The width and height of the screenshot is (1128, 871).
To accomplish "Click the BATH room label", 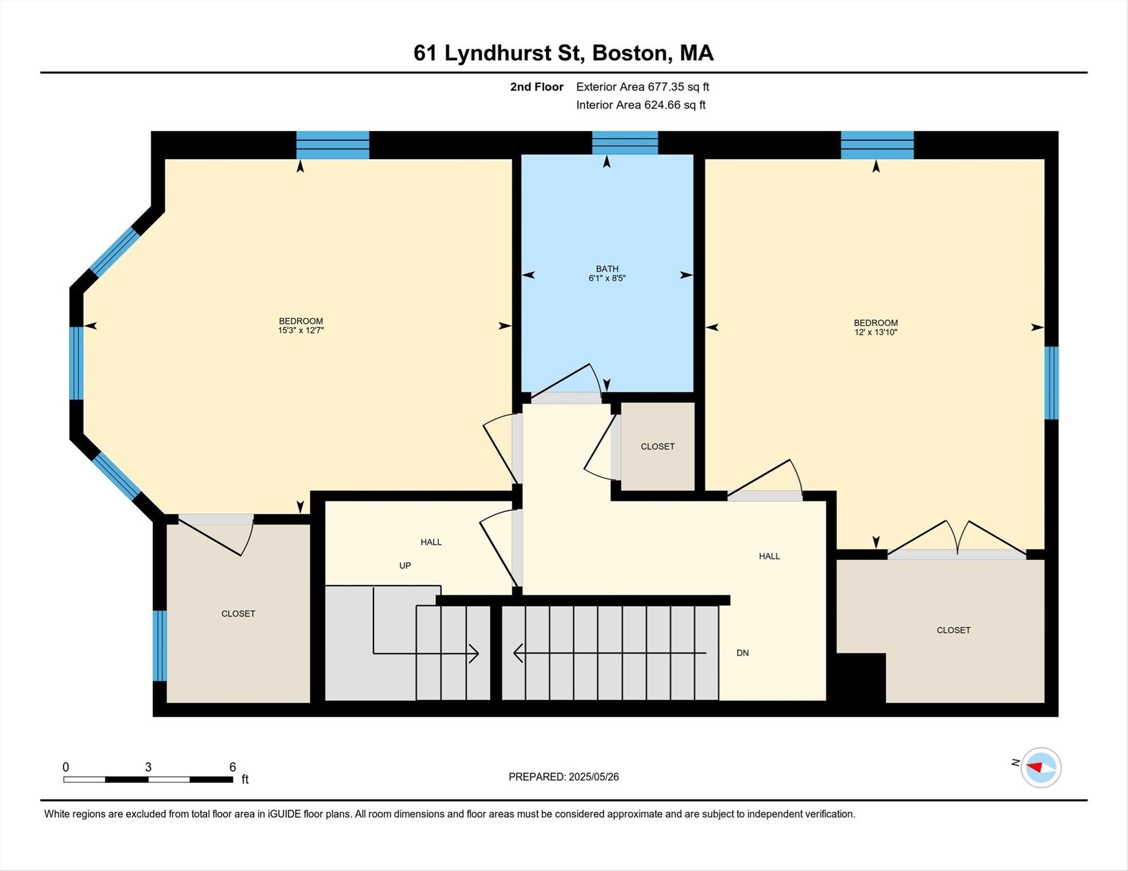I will click(607, 269).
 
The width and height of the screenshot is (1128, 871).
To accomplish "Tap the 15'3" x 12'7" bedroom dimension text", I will click(300, 331).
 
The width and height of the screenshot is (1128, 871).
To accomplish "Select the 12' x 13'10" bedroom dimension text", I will click(876, 332).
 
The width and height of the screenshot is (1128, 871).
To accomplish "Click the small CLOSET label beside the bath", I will click(657, 447).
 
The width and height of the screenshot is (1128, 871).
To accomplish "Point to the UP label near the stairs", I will click(405, 566).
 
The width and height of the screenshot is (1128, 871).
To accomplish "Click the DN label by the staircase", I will click(742, 653).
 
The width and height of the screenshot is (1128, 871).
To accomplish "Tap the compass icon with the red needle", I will click(1041, 768).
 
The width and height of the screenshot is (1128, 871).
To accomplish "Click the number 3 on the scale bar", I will click(148, 767).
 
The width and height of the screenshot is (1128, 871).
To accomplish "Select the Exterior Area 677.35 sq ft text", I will click(642, 87).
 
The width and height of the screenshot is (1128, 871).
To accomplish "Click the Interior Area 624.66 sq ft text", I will click(641, 105).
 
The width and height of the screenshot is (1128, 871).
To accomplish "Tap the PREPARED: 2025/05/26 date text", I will click(563, 777).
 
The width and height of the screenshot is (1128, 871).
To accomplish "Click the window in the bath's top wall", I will click(625, 143).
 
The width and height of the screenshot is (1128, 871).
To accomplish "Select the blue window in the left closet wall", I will click(161, 645).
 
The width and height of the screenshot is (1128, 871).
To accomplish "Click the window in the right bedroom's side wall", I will click(1051, 383).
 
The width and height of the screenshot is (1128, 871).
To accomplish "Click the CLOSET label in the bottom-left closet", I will click(238, 614).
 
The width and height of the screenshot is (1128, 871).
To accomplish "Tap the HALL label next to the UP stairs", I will click(431, 542).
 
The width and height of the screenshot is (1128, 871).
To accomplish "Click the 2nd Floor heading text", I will click(536, 87).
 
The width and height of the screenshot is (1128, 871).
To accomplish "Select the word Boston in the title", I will click(629, 53).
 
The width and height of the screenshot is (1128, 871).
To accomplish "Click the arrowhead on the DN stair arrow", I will click(517, 653).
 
